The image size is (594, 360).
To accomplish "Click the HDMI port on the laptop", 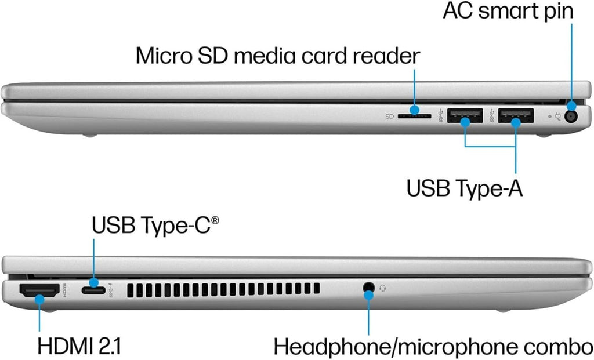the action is (39, 291).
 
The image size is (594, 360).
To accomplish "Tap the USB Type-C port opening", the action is (93, 290).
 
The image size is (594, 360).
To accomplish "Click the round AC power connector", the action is (571, 116).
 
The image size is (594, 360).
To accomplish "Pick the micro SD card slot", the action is (414, 116).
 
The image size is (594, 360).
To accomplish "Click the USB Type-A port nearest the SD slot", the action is (465, 115).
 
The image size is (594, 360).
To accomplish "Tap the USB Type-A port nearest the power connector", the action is (516, 115).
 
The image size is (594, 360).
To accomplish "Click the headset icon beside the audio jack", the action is (383, 289).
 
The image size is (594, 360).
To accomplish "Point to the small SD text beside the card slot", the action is (389, 117).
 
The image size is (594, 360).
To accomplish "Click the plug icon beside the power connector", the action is (557, 116).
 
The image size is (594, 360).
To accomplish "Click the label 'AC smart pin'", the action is (508, 10).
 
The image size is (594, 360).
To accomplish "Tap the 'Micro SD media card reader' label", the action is (278, 56).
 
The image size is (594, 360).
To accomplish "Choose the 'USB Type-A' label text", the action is (465, 188).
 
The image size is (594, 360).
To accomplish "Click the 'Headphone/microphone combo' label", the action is (433, 347).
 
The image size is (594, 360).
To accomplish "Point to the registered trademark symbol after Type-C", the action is (215, 220).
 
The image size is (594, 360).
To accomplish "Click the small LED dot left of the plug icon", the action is (550, 116).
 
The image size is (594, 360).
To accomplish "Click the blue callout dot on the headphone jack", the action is (368, 294).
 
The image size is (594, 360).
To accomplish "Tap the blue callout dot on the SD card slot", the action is (415, 110).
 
